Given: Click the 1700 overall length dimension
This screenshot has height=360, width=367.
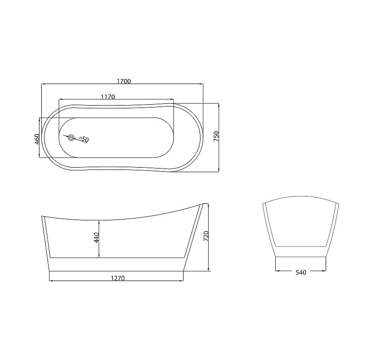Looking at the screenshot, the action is point(124,81).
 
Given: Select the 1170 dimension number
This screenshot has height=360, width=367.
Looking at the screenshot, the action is point(108,97).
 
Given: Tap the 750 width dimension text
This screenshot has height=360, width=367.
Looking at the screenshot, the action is point(216,136).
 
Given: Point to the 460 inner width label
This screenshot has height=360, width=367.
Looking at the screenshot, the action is point(37,139).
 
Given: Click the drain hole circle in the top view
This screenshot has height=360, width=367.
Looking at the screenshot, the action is point(71,137).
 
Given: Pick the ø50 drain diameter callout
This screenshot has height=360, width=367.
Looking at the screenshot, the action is point(84,139).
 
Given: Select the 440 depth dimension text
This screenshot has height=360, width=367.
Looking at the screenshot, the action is point(96,237).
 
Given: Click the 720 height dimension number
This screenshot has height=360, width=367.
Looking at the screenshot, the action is point(206,236).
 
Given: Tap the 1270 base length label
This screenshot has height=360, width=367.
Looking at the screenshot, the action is point(118,278).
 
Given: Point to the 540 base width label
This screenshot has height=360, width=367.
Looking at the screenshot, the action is point(301,272).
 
